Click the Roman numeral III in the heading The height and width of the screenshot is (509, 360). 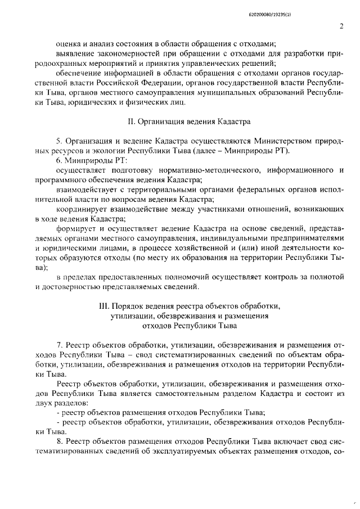pos(103,306)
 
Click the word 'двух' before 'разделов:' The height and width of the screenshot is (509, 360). pos(43,403)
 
